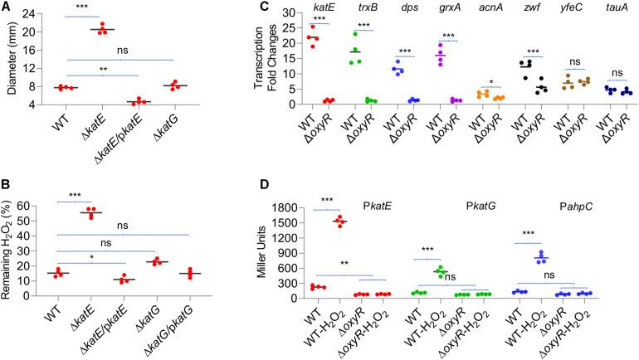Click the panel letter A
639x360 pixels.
point(7,7)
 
